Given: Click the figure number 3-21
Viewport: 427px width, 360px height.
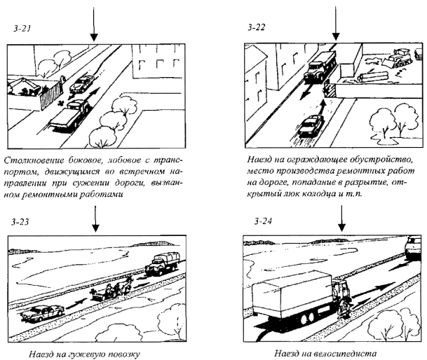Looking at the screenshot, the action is tap(22, 29).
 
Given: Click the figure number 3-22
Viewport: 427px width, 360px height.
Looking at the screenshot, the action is tap(256, 27).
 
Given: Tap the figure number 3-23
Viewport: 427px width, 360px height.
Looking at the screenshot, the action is tap(20, 222).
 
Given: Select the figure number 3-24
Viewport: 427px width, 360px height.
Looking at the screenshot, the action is tap(263, 221).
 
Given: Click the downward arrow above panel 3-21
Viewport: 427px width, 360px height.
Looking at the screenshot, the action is tap(94, 24).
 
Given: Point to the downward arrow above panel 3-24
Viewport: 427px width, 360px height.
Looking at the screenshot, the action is tap(341, 219).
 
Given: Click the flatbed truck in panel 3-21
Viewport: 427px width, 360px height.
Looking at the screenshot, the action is tap(69, 116).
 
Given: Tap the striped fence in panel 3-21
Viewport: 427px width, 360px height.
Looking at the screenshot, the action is tap(51, 96).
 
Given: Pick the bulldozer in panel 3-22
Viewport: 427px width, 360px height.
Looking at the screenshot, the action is tap(398, 59).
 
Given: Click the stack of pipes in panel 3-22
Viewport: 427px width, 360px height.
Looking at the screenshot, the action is tap(373, 77).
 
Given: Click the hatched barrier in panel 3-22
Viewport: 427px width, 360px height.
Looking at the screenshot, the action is tap(330, 90).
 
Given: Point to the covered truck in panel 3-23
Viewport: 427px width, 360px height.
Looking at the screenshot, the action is tap(162, 263).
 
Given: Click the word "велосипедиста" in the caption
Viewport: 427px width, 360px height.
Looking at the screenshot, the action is tap(345, 353).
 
